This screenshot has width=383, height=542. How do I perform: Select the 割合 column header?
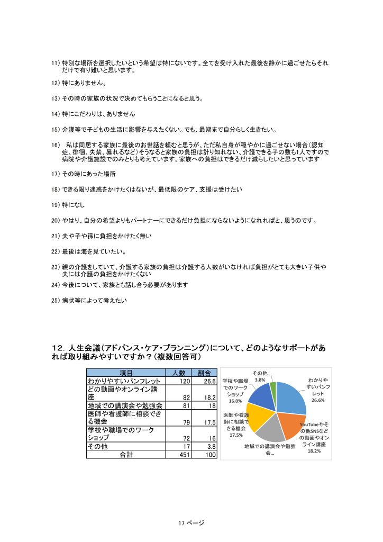204,373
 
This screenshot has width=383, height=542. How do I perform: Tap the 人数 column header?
178,373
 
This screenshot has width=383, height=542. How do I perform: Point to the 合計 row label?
126,454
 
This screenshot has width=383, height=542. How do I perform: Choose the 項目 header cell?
126,373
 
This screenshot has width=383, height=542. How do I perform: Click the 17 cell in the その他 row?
185,446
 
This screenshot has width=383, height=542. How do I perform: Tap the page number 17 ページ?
191,522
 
